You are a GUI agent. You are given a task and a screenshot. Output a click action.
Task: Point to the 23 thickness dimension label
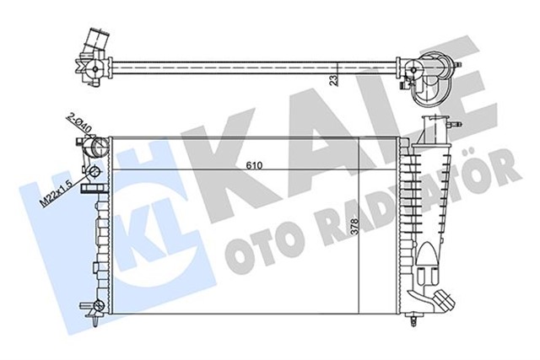click(333, 81)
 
